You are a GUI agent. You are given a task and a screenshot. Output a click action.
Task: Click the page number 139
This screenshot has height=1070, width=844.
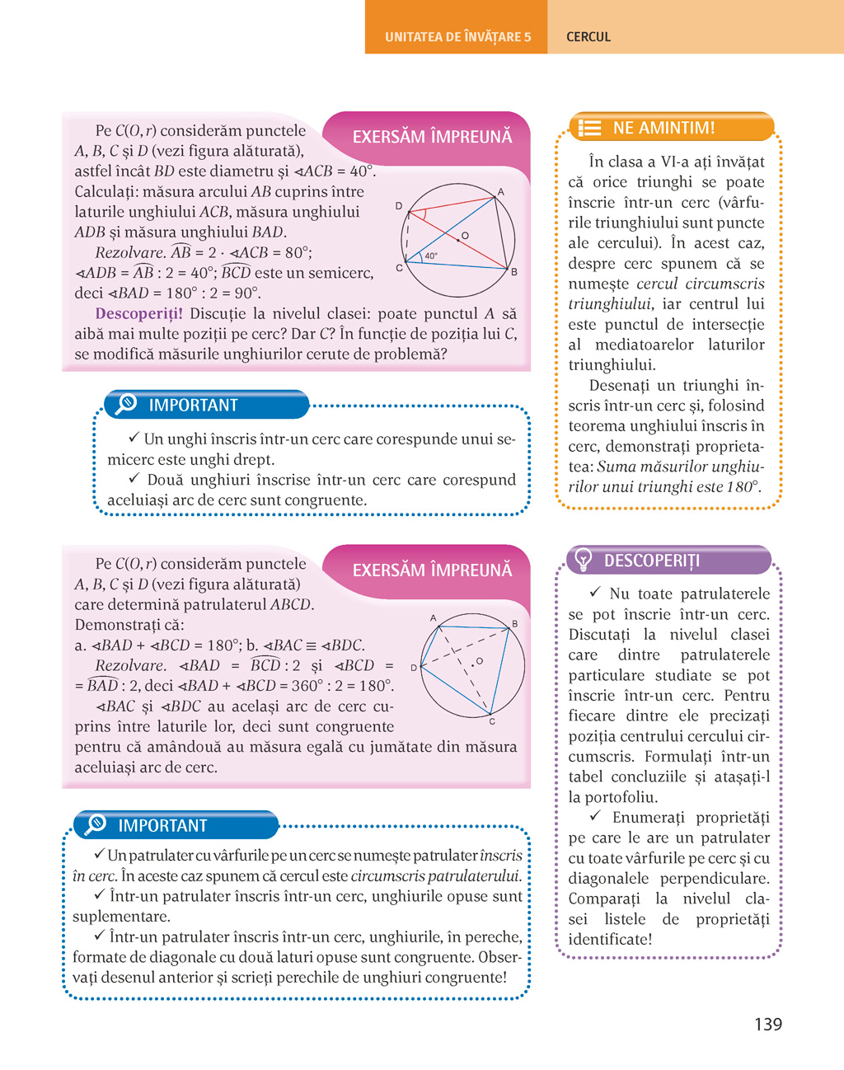pyautogui.click(x=767, y=1024)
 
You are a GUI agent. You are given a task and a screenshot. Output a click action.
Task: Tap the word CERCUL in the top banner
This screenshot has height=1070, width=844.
pyautogui.click(x=588, y=37)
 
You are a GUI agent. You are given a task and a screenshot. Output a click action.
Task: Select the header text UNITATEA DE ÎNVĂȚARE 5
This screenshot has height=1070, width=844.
pyautogui.click(x=457, y=37)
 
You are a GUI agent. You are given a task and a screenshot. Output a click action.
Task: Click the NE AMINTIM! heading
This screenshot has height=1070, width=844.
pyautogui.click(x=663, y=128)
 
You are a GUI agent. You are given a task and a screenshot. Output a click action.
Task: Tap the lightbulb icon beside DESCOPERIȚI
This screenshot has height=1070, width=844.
pyautogui.click(x=584, y=560)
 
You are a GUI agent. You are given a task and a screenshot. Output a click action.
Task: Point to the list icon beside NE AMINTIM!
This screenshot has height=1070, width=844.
pyautogui.click(x=589, y=129)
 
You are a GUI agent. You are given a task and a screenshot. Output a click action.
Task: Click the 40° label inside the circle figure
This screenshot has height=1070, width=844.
pyautogui.click(x=431, y=256)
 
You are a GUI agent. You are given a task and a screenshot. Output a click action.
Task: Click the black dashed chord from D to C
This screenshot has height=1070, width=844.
pyautogui.click(x=406, y=238)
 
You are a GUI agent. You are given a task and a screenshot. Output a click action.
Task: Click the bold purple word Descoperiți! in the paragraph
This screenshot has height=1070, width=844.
pyautogui.click(x=138, y=314)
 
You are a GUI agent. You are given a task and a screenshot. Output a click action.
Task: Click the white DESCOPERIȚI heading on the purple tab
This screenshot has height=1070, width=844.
pyautogui.click(x=651, y=561)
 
